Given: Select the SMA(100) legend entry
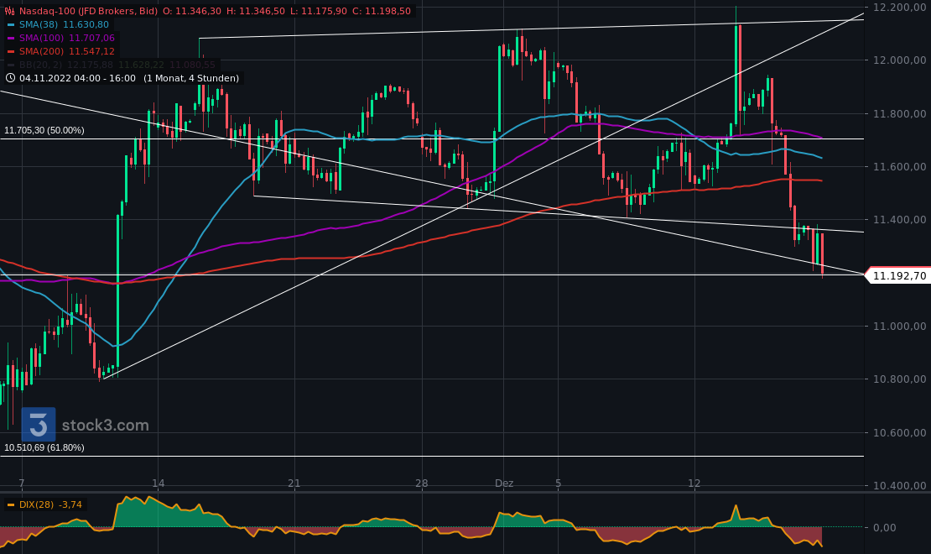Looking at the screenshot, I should tap(65, 39).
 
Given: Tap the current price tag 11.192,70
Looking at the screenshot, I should tap(899, 275).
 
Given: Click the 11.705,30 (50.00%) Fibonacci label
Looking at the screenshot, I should tap(44, 131).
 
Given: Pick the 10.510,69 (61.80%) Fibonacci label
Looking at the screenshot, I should tap(44, 448).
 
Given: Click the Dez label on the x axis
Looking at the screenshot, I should tap(504, 483).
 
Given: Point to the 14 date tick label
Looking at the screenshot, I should tap(158, 483).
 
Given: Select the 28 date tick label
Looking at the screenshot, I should tap(421, 483).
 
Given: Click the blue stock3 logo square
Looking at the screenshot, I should tap(39, 425).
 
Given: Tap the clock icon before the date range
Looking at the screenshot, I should tap(10, 78).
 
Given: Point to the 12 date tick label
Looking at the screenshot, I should tap(694, 483).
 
